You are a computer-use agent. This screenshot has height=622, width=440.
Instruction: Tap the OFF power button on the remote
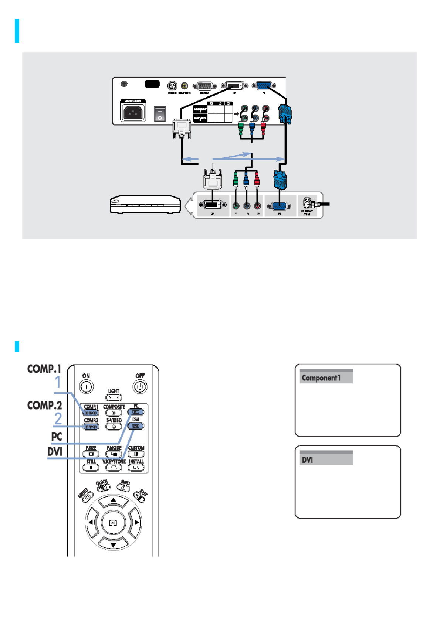[x=140, y=387]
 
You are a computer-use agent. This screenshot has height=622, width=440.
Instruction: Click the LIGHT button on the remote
[x=114, y=397]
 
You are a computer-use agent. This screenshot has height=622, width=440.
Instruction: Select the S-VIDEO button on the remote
[x=114, y=427]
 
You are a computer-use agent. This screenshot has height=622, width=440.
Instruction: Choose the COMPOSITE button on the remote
[x=114, y=413]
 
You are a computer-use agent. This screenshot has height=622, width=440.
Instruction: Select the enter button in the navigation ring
[x=113, y=523]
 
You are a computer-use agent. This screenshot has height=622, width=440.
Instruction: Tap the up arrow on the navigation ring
[x=113, y=500]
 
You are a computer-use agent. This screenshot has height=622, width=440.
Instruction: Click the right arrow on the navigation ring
[x=136, y=522]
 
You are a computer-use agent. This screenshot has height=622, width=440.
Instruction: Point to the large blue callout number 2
[x=58, y=419]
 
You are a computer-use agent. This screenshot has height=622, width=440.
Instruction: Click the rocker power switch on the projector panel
[x=160, y=114]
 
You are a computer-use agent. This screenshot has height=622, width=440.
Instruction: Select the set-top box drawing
[x=145, y=204]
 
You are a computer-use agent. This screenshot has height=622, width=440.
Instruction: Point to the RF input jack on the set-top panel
[x=307, y=203]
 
